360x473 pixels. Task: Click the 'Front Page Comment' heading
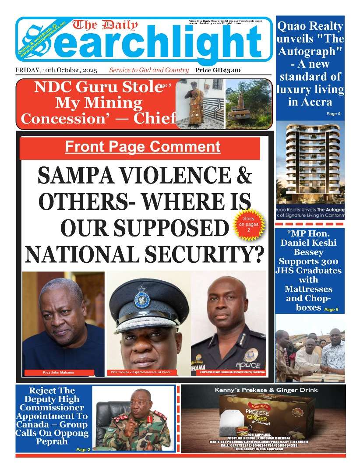[142, 147]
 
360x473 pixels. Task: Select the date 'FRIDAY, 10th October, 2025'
[56, 70]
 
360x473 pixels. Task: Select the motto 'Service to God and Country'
[149, 70]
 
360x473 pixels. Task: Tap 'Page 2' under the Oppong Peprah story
[83, 449]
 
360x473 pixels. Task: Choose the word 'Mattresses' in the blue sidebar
[308, 289]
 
